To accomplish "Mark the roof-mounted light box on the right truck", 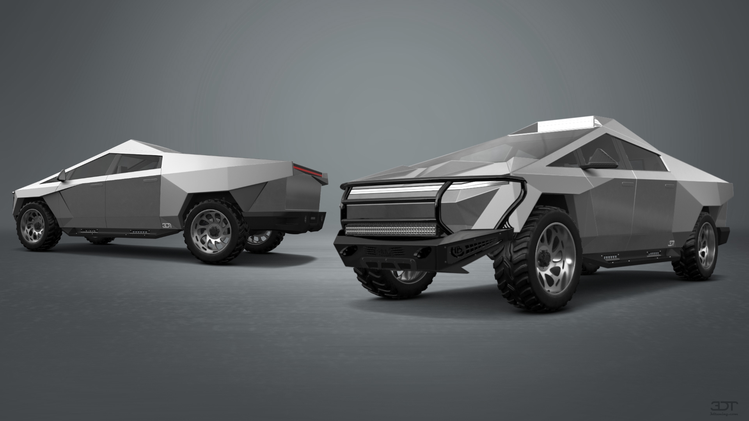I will coord(564,126).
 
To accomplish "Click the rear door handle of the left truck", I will coord(148,181).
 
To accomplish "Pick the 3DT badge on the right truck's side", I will coord(671,243).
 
